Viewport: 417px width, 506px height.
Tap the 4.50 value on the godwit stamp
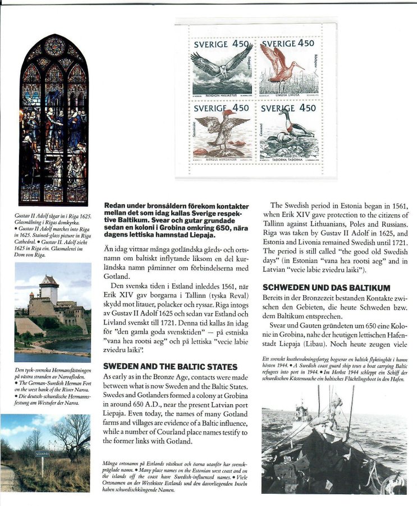(306, 43)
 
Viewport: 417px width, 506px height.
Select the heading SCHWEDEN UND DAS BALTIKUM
(326, 288)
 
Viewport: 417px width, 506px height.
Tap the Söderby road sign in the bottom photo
(44, 451)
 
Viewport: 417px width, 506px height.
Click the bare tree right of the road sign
(72, 436)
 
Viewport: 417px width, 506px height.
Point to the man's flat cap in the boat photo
(318, 421)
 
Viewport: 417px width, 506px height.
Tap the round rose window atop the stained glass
(54, 47)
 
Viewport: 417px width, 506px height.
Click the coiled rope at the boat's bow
(392, 483)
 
